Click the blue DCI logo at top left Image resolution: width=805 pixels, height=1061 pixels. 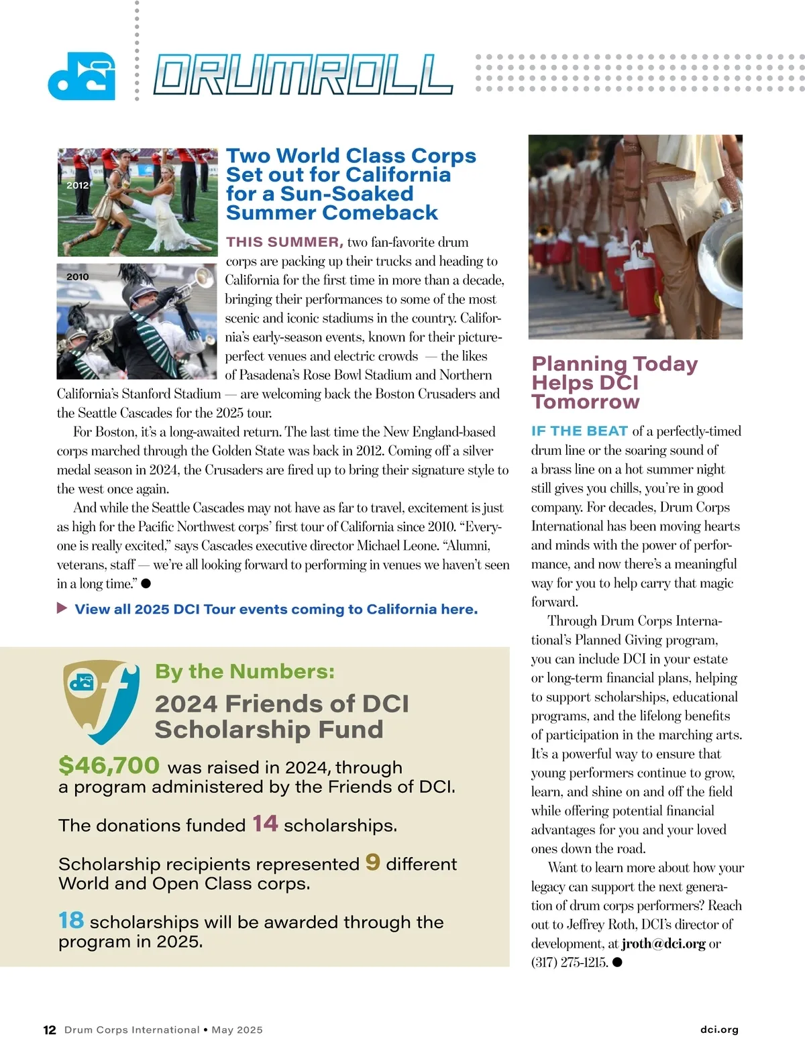point(81,76)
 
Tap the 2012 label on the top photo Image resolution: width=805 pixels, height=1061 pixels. point(77,185)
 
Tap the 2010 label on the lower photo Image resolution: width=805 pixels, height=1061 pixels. point(77,276)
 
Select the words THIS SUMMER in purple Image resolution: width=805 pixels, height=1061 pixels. point(284,242)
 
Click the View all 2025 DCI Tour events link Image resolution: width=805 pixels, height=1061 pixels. point(276,609)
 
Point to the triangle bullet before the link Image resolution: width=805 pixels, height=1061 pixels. point(62,608)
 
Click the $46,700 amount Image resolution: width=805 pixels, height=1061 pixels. point(109,765)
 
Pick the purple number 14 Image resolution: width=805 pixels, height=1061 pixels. point(265,824)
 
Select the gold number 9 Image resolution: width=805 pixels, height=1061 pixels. point(372,862)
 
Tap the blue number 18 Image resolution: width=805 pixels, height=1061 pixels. point(71,920)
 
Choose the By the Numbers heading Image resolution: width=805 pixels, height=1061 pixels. point(244,671)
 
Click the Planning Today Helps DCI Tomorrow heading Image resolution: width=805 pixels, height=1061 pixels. point(614,382)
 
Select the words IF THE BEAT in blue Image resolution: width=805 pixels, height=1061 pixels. point(580,431)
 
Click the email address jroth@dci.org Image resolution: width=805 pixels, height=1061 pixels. point(663,944)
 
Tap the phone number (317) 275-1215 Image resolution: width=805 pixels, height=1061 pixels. point(570,962)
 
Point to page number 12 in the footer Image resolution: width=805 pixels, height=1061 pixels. point(50,1030)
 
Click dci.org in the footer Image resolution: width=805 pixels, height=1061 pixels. point(718,1029)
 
